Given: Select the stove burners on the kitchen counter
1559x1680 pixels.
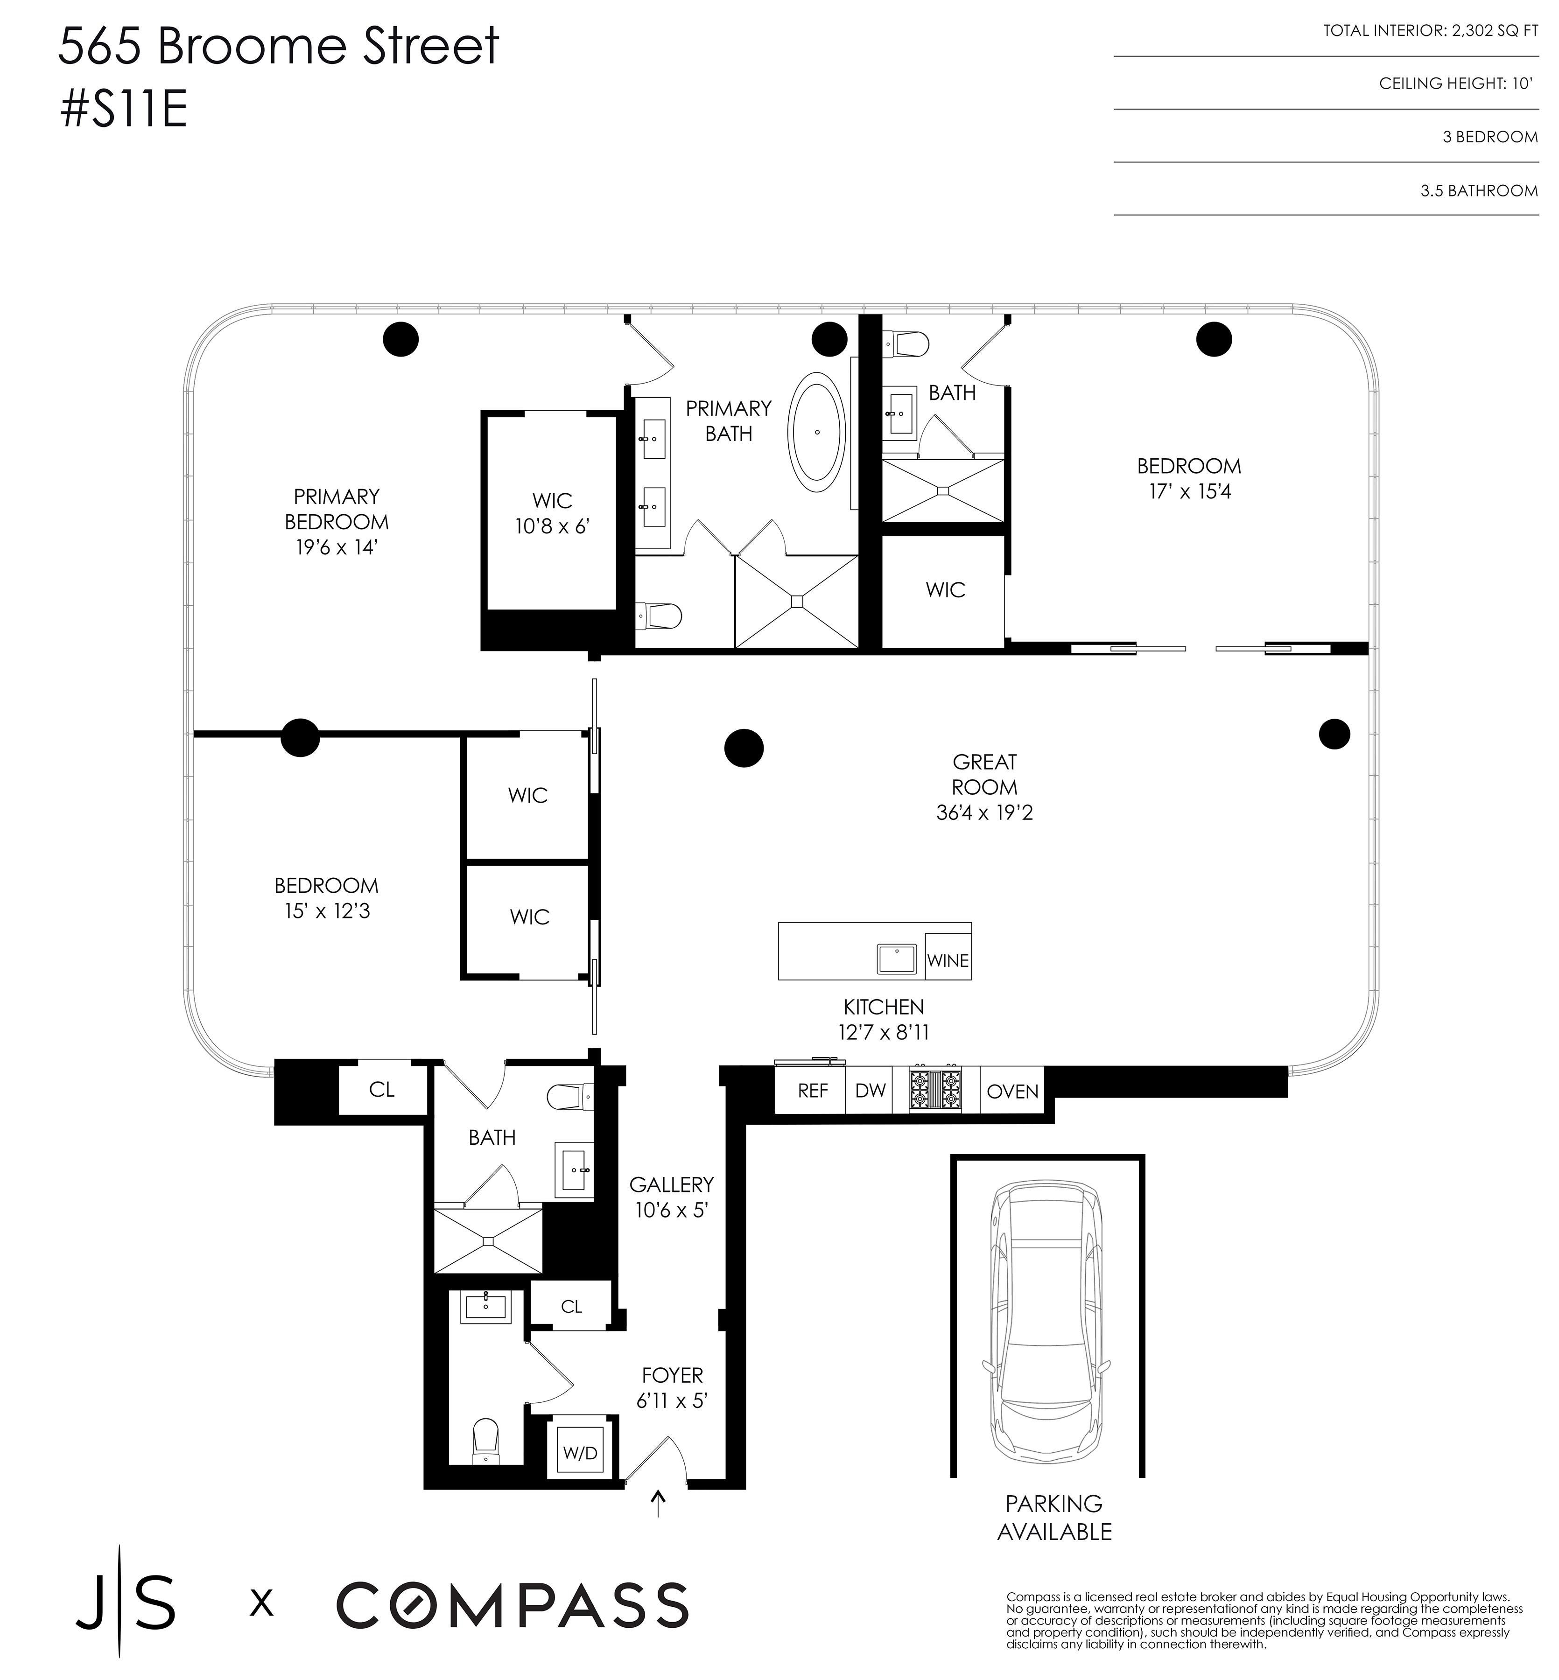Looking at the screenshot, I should click(x=935, y=1090).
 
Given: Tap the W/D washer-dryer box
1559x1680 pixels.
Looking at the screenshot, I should click(x=580, y=1453).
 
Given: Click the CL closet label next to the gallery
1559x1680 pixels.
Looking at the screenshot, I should click(x=571, y=1306).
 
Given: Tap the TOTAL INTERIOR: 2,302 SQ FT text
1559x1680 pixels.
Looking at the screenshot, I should click(x=1430, y=31).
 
